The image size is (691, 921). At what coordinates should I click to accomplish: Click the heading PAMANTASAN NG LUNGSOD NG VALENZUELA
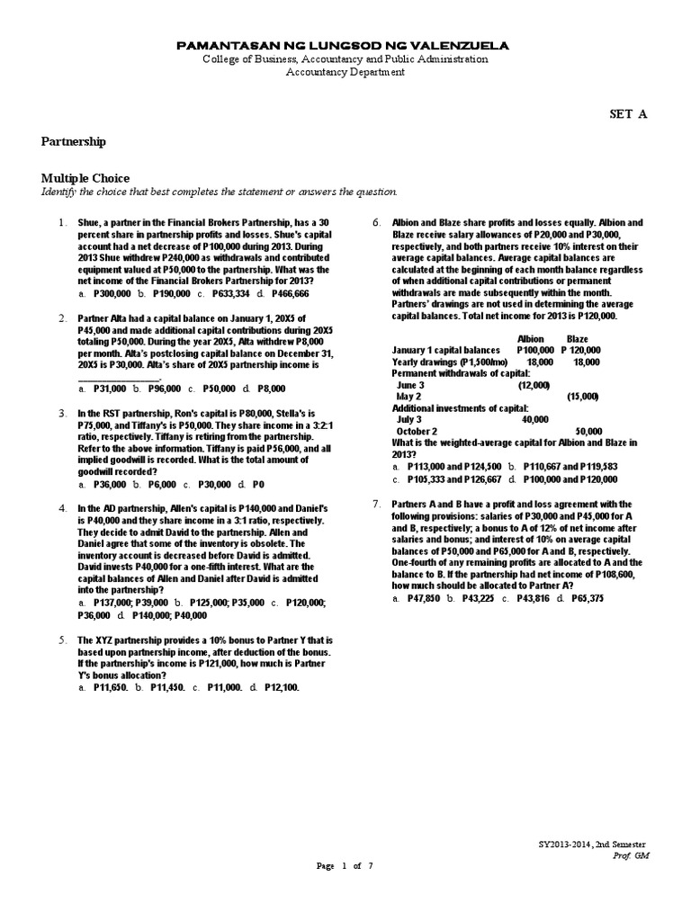point(345,44)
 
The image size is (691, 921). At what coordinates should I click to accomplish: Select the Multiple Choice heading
point(85,178)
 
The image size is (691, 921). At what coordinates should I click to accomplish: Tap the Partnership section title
point(74,141)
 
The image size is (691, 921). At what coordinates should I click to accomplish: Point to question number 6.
point(377,222)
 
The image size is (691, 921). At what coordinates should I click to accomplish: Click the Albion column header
point(531,339)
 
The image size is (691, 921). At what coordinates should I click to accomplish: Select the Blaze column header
point(577,339)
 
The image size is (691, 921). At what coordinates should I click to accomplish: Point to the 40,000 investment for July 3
point(534,419)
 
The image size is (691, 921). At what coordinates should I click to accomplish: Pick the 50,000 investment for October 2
point(588,431)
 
